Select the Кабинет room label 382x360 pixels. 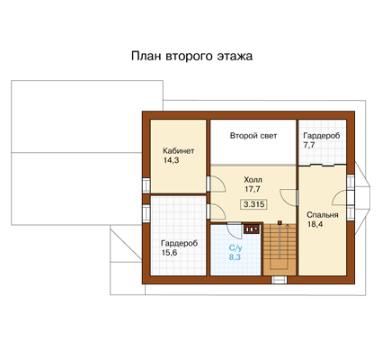tap(179, 150)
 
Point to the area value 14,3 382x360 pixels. tap(171, 160)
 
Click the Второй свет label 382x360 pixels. tap(253, 136)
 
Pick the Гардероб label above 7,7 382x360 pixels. tap(322, 136)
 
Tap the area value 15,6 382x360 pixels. tap(169, 253)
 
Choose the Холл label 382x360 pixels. tap(253, 180)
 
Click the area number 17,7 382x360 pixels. tap(253, 189)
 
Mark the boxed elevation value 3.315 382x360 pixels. tap(253, 204)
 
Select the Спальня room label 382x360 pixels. tap(323, 215)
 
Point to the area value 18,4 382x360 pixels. tap(315, 224)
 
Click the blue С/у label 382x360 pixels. tap(235, 247)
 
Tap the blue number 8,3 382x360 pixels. tap(235, 257)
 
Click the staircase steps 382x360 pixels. tap(280, 249)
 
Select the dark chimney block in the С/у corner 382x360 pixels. tap(252, 229)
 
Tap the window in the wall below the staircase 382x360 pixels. tap(280, 280)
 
